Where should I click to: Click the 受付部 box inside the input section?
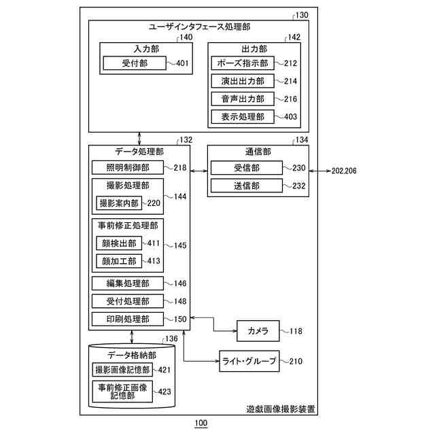point(135,63)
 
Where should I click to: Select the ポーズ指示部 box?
point(243,63)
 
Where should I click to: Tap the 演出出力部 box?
point(243,81)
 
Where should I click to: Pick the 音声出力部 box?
point(243,99)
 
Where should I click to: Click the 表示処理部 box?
point(243,117)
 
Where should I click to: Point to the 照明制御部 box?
point(128,168)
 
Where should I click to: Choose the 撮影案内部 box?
point(119,203)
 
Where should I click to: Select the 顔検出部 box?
point(119,243)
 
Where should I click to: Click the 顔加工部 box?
point(119,261)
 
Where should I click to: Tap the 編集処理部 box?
point(128,283)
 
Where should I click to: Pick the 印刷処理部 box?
point(128,319)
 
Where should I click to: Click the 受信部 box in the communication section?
point(247,168)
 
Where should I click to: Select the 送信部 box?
point(247,186)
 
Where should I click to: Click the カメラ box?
point(258,331)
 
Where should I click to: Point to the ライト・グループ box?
point(249,361)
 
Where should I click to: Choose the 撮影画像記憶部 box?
point(122,370)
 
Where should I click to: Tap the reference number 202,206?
point(344,171)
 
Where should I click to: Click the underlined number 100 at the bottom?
point(201,423)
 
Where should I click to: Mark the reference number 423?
point(164,391)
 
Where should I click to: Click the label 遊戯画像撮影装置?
point(281,409)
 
